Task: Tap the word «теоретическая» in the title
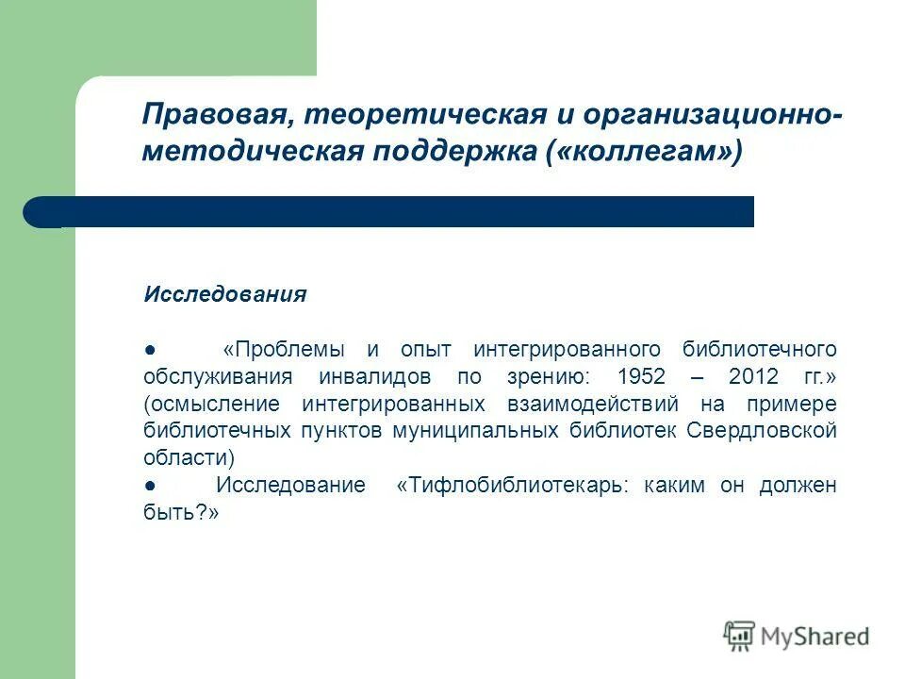coord(403,116)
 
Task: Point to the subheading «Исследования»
coord(224,294)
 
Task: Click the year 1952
coord(641,376)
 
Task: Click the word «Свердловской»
coord(762,431)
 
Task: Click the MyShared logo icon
coord(740,636)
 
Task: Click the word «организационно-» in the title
coord(713,116)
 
